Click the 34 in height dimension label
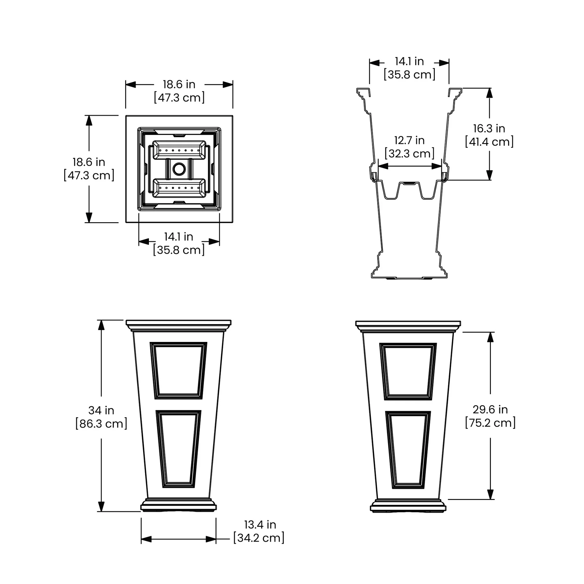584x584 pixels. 101,410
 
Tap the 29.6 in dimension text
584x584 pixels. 490,409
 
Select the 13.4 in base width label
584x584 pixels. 260,525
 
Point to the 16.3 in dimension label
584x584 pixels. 489,128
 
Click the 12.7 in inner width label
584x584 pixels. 409,140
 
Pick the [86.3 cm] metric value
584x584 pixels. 101,424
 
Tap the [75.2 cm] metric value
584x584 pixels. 490,423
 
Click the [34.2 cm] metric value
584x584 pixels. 259,538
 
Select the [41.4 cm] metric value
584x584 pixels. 489,142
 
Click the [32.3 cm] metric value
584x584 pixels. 409,153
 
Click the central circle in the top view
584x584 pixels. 179,169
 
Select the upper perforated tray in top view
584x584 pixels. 179,150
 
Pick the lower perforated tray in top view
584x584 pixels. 179,188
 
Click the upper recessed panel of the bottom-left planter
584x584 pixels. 178,371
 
